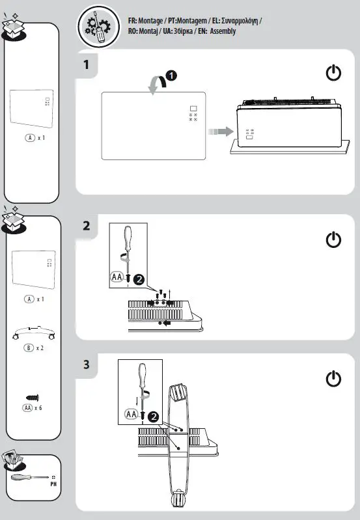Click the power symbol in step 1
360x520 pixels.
click(x=333, y=74)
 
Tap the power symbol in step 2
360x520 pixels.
click(x=333, y=240)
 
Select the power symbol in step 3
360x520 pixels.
click(x=333, y=379)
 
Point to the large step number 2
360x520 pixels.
click(x=87, y=226)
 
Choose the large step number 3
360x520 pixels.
click(x=87, y=364)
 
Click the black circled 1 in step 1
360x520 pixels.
click(x=170, y=75)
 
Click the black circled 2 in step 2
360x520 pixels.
click(x=139, y=281)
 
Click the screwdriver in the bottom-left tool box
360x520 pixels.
click(x=29, y=478)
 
